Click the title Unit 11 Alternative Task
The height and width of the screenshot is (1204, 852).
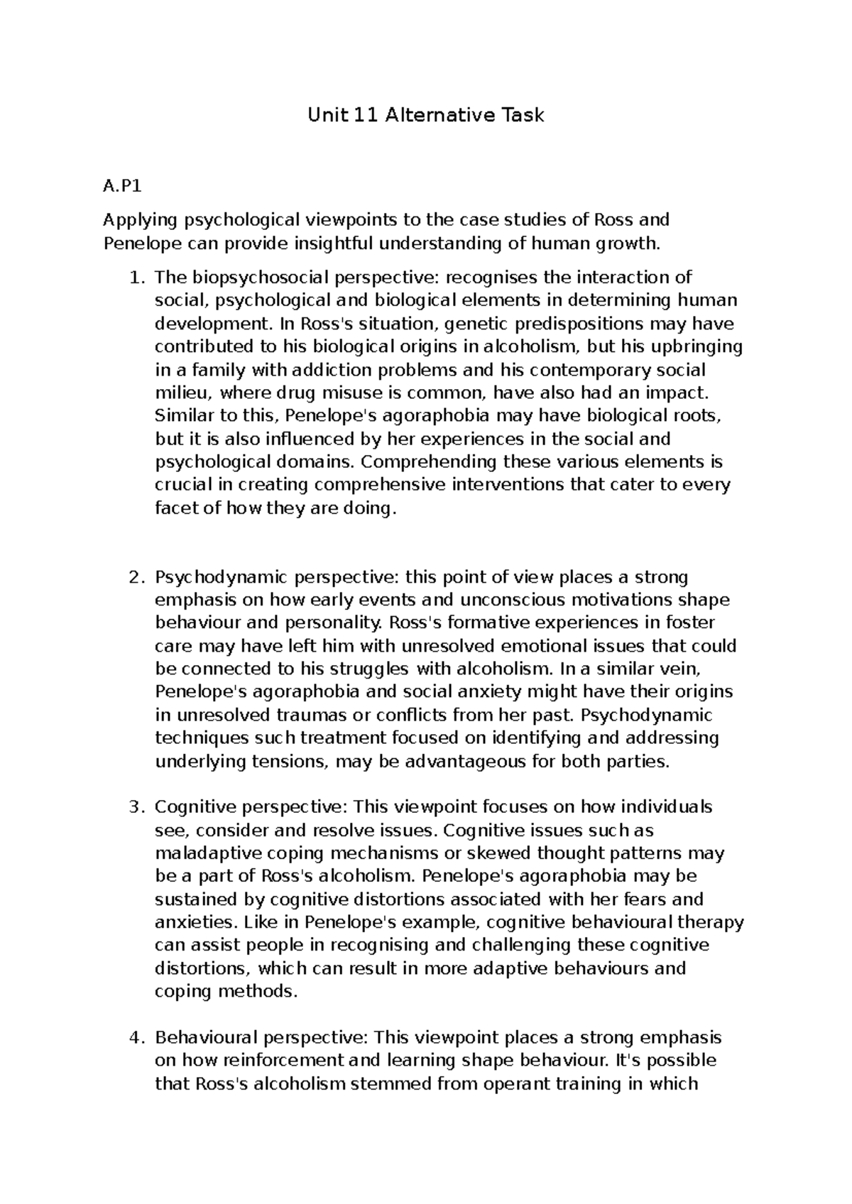(425, 115)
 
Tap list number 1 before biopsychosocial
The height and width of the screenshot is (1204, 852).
(136, 277)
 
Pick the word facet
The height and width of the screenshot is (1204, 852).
(172, 508)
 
